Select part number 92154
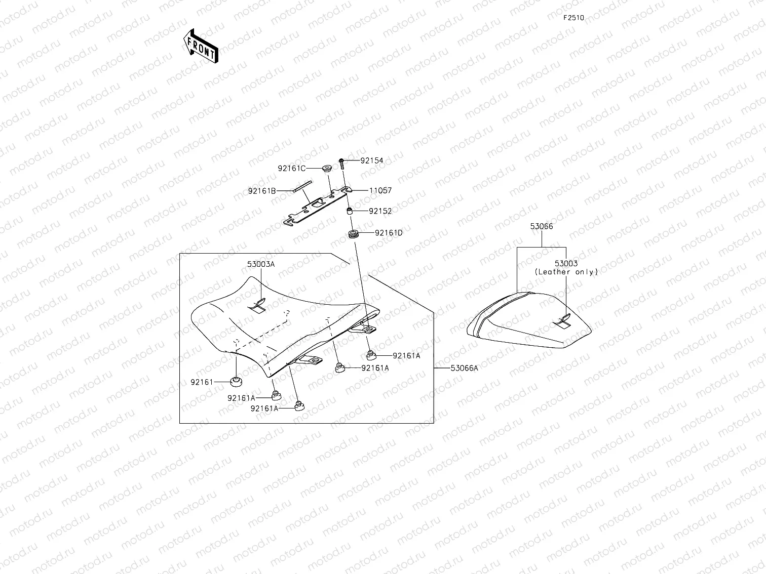coord(372,160)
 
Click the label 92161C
coord(291,168)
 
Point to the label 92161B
coord(262,191)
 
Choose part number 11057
coord(380,191)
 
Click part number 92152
coord(380,211)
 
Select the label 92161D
coord(389,233)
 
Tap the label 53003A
coord(261,264)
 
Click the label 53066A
coord(464,368)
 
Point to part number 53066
coord(542,226)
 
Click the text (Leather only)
coord(566,272)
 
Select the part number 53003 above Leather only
coord(566,264)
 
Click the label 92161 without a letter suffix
coord(201,382)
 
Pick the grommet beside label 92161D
coord(354,234)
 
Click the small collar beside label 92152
coord(350,211)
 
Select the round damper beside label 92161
coord(236,381)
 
